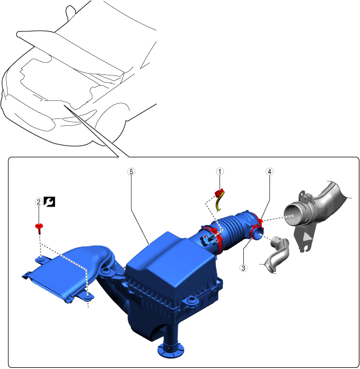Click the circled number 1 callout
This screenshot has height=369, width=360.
pos(220,172)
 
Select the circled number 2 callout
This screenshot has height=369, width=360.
pos(38,202)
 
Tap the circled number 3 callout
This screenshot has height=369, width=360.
pos(243,268)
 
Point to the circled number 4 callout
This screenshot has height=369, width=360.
pos(269,172)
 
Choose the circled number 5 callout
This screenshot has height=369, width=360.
pos(131,172)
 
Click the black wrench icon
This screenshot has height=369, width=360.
pos(49,202)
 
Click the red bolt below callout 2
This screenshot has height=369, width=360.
pos(39,228)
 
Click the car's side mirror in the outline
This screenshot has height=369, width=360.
pos(70,12)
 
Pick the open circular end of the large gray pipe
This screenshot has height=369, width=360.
pos(293,215)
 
